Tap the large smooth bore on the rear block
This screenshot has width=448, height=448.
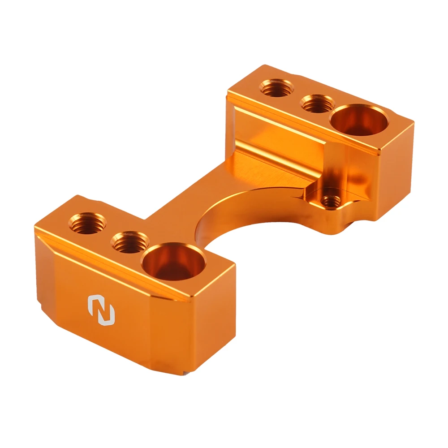coord(358,120)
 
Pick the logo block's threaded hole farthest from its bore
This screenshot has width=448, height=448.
coord(88,222)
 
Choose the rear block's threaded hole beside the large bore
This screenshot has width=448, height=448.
coord(317,104)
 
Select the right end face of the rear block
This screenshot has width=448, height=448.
coord(394,170)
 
